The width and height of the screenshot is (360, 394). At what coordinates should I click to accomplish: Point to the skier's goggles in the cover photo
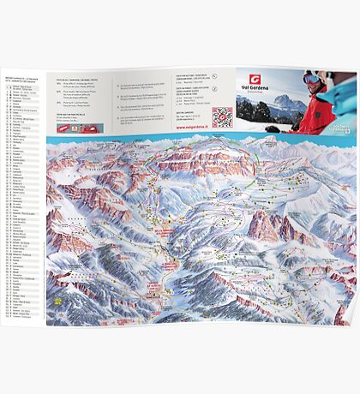point(311,79)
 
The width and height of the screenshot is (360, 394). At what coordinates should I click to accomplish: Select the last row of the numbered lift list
point(22,314)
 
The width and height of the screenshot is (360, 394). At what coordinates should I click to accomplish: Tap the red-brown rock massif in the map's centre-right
point(267,227)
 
